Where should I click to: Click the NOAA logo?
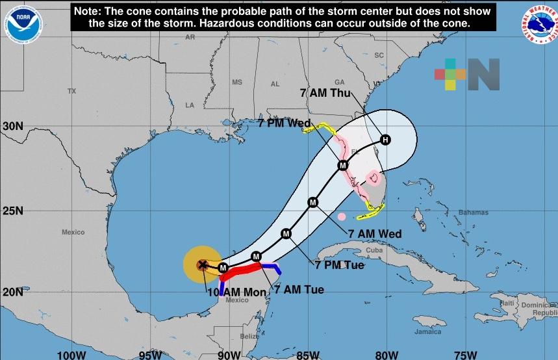[x=23, y=24]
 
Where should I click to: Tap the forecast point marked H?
[x=386, y=140]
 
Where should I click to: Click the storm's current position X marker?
[x=203, y=264]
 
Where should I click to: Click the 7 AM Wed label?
[x=375, y=234]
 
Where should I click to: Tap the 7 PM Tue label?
[x=339, y=265]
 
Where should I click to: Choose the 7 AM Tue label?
[x=299, y=289]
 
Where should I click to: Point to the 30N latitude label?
[x=12, y=126]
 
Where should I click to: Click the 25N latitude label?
[x=12, y=211]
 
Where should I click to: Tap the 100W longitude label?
[x=71, y=354]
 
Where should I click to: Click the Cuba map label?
[x=374, y=250]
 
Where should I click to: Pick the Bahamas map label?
[x=472, y=212]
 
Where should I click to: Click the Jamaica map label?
[x=428, y=331]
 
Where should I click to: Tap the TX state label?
[x=71, y=92]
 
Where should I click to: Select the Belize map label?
[x=249, y=336]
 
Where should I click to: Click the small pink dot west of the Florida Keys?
[x=342, y=216]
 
